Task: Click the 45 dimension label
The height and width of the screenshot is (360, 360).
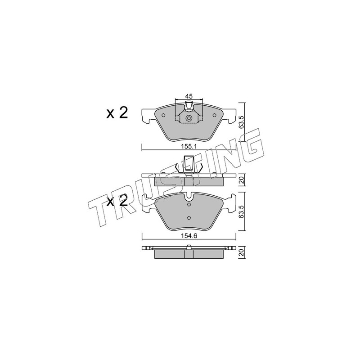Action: [189, 96]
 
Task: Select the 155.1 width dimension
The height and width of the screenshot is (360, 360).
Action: [189, 147]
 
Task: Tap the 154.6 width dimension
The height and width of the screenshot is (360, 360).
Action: [189, 236]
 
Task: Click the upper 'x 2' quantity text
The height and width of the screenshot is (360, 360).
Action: [117, 113]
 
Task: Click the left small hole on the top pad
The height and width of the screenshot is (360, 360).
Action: [163, 115]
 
